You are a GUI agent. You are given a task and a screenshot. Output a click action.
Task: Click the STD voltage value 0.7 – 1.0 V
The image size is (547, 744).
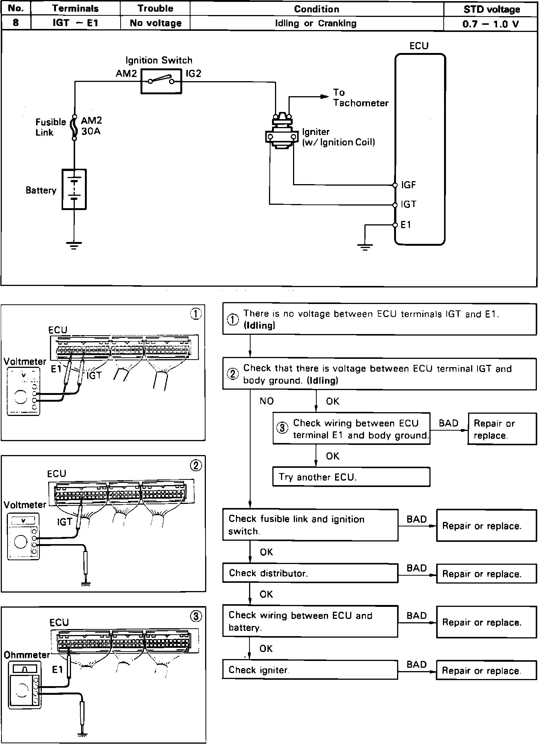[491, 24]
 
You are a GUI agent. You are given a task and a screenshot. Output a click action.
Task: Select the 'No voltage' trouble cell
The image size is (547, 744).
[156, 23]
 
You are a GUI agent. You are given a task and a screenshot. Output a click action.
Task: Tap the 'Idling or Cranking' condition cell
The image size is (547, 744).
[316, 23]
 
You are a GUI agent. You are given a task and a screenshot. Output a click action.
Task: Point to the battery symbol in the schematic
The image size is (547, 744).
[74, 189]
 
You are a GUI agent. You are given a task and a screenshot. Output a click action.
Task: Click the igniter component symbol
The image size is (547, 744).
[281, 133]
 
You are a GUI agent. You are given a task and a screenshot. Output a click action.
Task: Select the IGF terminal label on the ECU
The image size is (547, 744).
[409, 185]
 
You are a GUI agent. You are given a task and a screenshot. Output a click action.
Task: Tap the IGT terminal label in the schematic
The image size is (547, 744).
[409, 204]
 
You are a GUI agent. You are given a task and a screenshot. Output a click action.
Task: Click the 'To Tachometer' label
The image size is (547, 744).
[360, 98]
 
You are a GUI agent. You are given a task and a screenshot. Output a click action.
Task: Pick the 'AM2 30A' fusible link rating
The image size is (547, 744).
[91, 126]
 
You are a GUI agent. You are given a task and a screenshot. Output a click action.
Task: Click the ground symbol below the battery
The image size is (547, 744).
[74, 246]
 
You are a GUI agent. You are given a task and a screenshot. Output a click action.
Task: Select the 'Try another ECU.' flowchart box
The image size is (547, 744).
[351, 477]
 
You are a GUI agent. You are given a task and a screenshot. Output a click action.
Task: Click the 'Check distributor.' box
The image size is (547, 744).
[310, 573]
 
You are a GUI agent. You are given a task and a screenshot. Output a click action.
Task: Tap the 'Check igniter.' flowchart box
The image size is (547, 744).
[310, 670]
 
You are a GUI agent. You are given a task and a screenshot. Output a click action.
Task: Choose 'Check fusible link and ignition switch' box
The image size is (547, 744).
[310, 525]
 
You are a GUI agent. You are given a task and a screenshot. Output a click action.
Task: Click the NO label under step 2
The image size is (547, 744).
[267, 401]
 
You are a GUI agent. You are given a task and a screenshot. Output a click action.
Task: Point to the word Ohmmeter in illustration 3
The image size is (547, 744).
[27, 655]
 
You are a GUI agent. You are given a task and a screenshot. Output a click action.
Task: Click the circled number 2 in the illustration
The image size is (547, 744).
[196, 466]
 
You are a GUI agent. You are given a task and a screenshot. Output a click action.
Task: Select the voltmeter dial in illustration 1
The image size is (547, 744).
[20, 397]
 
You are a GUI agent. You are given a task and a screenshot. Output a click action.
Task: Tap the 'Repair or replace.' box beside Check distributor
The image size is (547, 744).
[486, 574]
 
